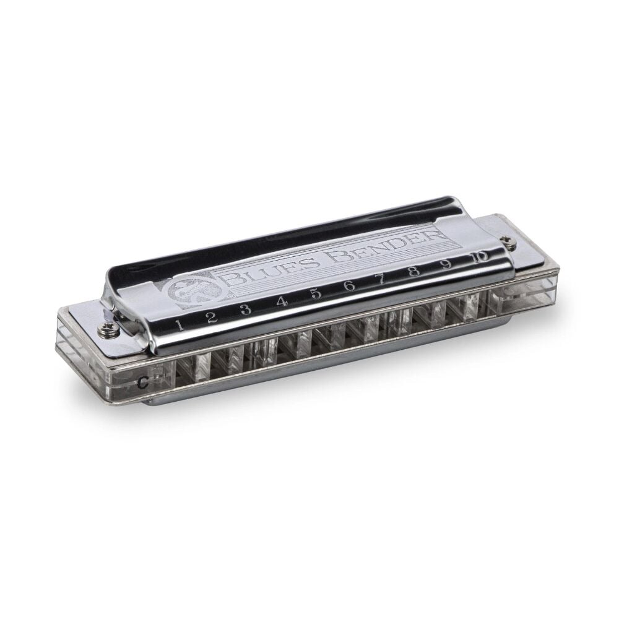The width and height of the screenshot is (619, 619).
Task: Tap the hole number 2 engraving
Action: [212, 316]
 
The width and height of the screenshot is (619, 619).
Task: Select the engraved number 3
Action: [246, 309]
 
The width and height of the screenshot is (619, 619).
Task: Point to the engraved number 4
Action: [282, 301]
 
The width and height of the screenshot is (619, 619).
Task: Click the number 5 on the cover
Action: [316, 294]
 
